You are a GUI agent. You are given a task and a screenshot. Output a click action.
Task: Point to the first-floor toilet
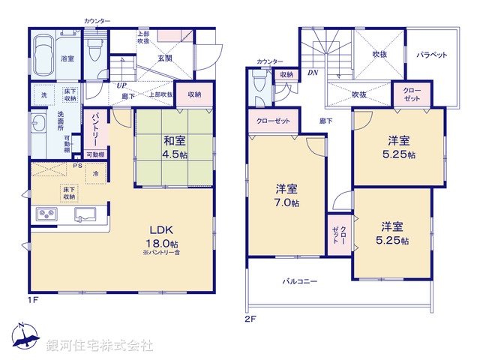click(94, 52)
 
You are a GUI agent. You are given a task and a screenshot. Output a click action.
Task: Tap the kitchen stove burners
click(47, 215)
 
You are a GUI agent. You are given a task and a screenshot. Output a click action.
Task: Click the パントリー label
click(97, 127)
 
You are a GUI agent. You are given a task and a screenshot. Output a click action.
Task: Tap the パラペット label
click(432, 55)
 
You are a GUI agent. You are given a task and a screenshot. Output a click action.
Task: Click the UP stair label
click(121, 85)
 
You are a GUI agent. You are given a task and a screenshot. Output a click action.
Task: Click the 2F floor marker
click(250, 317)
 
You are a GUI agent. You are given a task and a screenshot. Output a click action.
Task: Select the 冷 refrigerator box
click(96, 174)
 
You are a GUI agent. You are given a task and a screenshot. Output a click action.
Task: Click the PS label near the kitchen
click(77, 166)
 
